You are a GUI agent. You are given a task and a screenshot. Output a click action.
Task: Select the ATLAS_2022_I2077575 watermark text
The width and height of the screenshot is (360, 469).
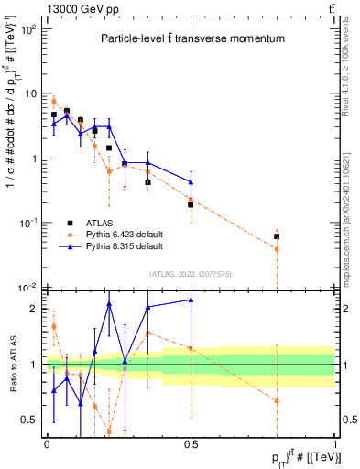pyautogui.click(x=191, y=273)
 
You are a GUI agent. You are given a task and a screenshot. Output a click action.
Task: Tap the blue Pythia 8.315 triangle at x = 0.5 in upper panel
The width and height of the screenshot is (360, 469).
pyautogui.click(x=191, y=181)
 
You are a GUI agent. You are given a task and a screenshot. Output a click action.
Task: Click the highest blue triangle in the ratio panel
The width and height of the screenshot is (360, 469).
pyautogui.click(x=191, y=300)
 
